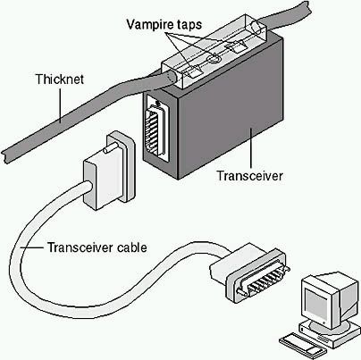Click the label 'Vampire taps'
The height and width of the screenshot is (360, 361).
[x=164, y=25]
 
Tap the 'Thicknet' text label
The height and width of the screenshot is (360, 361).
[x=60, y=80]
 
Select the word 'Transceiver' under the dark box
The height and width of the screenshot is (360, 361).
[x=249, y=176]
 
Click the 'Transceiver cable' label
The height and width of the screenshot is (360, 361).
[x=97, y=247]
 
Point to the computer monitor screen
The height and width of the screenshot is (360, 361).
[x=317, y=304]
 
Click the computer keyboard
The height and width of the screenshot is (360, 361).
[x=301, y=346]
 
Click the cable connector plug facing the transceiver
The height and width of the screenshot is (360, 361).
[x=110, y=171]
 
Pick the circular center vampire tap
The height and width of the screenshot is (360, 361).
[x=214, y=59]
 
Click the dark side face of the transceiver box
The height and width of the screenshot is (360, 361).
[x=230, y=113]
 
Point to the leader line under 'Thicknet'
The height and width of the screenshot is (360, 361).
[x=60, y=105]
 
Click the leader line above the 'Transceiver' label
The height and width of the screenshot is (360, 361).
[x=251, y=147]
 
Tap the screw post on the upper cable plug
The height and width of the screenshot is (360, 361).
[x=108, y=149]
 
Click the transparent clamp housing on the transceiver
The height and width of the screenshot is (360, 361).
[x=215, y=51]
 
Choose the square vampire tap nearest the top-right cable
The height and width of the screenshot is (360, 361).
[x=236, y=47]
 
